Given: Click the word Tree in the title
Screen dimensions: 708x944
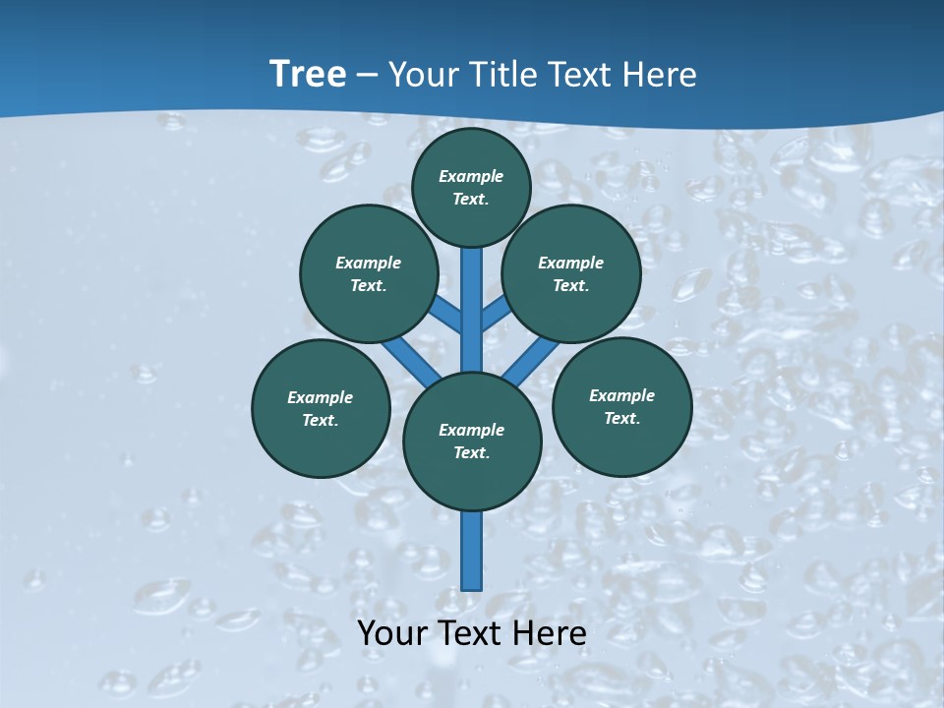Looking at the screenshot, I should click(308, 74).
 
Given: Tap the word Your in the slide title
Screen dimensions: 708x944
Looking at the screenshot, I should click(424, 74).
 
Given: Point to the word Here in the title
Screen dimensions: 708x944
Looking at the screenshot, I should click(661, 74).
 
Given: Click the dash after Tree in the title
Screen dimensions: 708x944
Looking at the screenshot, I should click(367, 75).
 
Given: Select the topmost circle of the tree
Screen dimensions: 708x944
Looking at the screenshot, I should click(471, 187).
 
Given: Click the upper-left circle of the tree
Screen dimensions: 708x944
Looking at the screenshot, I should click(369, 273).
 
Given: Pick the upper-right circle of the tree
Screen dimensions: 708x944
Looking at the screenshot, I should click(571, 273).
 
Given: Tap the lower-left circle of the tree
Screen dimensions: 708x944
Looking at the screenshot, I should click(321, 408).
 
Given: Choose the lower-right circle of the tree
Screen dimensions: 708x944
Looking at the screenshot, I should click(622, 406).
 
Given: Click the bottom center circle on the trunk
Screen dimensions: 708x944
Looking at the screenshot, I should click(472, 442).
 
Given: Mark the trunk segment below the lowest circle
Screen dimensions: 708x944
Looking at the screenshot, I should click(472, 551).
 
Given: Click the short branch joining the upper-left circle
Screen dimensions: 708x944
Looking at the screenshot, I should click(447, 315).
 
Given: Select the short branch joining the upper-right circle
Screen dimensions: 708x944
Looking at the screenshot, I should click(495, 313).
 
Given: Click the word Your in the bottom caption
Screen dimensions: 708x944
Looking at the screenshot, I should click(391, 633).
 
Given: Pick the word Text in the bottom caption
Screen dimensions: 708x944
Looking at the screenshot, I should click(472, 633).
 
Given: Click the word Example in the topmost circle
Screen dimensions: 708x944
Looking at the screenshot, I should click(471, 176).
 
